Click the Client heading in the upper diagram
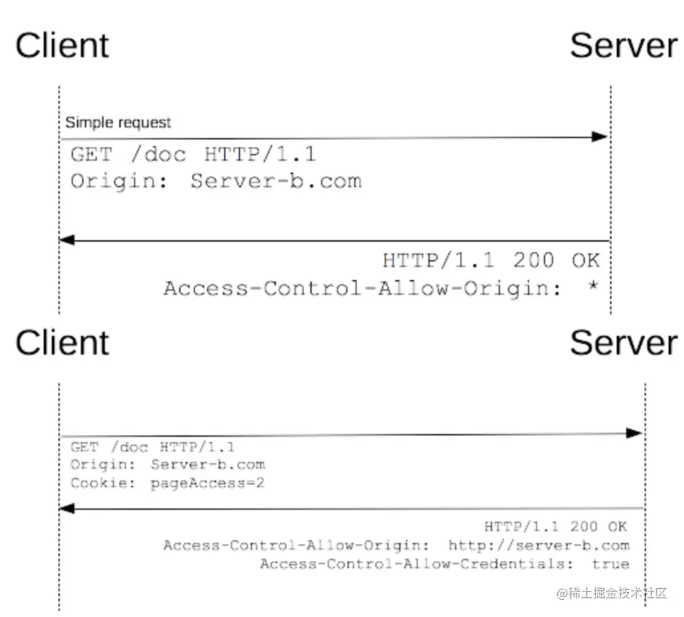point(62,46)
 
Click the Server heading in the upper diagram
point(623,46)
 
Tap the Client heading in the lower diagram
point(62,342)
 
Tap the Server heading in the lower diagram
point(623,342)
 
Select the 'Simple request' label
point(118,123)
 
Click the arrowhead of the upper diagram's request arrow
point(601,137)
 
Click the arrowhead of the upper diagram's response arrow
point(67,240)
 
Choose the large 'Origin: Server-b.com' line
point(216,181)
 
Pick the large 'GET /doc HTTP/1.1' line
point(193,154)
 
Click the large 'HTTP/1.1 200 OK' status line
point(491,260)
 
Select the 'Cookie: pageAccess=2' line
point(168,483)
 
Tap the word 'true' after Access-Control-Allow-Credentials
point(610,564)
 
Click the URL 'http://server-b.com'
point(539,545)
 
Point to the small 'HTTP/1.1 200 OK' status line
point(555,527)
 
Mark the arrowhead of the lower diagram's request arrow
point(635,433)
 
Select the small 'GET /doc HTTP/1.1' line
point(152,447)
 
